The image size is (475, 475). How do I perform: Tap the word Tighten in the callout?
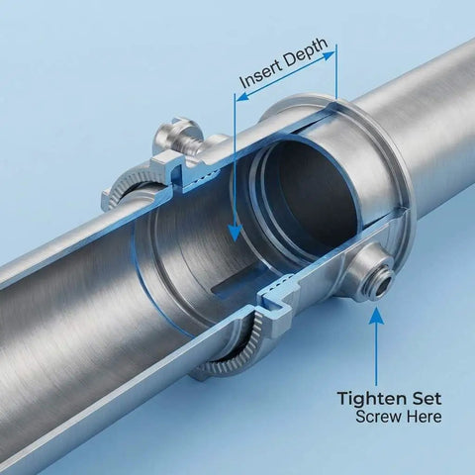point(370,399)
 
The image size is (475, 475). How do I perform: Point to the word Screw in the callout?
point(379,417)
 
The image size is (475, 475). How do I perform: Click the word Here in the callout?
point(424,417)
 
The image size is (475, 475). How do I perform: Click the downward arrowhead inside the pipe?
point(235,232)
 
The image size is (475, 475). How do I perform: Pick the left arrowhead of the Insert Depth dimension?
point(243,96)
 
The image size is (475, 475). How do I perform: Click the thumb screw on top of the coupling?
point(177,135)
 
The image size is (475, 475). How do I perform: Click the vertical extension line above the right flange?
point(336,71)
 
